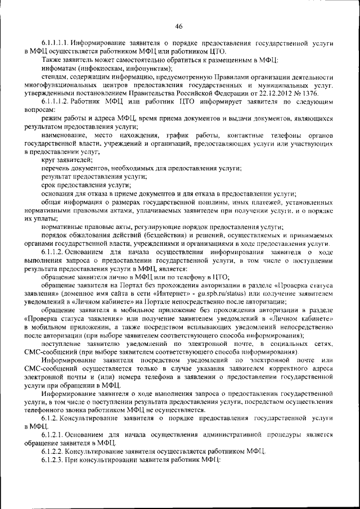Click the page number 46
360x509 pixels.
pyautogui.click(x=179, y=26)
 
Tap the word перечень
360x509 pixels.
pyautogui.click(x=55, y=169)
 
